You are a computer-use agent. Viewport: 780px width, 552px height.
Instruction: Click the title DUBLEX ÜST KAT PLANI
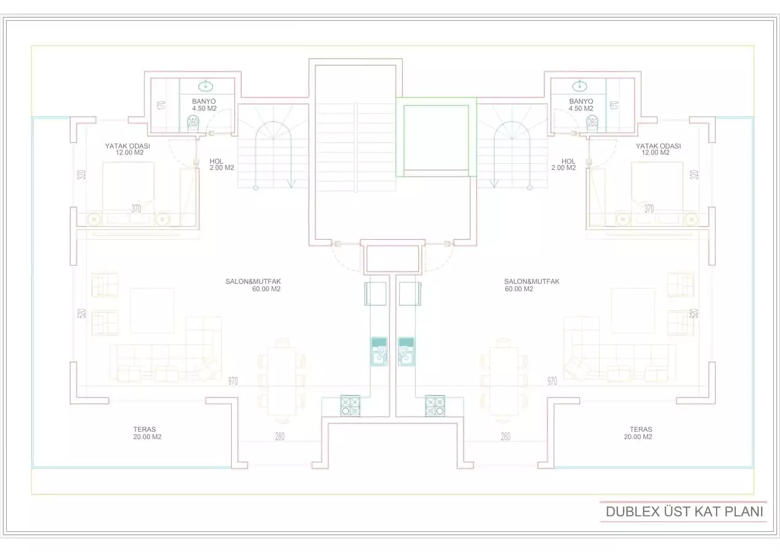pos(684,512)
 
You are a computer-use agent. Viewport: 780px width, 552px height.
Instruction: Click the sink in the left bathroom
pos(206,86)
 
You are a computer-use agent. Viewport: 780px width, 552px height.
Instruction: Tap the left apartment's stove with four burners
pos(350,405)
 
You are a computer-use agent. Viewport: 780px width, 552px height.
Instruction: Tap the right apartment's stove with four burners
pos(435,405)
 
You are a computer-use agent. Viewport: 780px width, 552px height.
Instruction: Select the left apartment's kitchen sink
pos(379,351)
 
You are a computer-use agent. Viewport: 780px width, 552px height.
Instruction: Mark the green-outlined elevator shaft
pos(435,137)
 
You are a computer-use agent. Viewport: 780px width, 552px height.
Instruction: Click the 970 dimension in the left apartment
pos(233,381)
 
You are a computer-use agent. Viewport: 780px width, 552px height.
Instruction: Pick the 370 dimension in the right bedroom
pos(649,209)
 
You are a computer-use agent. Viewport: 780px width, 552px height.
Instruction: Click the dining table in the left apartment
pos(281,381)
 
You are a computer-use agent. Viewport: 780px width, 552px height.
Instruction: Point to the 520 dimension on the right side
pos(694,313)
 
